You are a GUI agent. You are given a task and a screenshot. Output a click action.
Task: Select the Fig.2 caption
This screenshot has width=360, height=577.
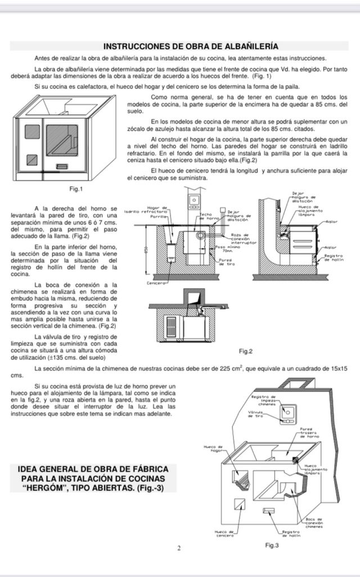[x=245, y=351]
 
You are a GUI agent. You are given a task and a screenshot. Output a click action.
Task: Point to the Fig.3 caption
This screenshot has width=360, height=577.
[x=272, y=545]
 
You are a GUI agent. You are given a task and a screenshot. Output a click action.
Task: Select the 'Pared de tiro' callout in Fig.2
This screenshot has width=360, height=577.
[x=226, y=262]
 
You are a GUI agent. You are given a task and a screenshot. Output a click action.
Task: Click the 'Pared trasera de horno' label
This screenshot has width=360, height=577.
[x=310, y=432]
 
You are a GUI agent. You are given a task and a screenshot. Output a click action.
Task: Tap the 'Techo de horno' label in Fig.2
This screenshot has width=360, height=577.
[x=206, y=216]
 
